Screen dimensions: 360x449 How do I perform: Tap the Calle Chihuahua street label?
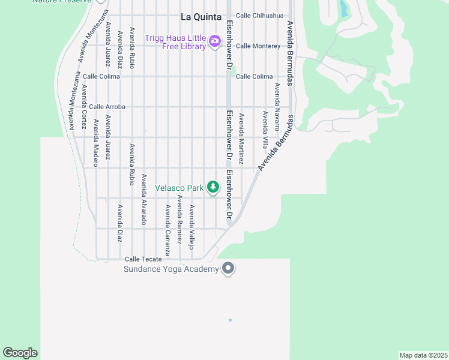coord(259,16)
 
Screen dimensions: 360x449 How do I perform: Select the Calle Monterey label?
coord(258,46)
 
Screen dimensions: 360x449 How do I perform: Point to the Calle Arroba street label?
coord(107,107)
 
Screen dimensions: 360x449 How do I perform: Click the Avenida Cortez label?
coord(84,107)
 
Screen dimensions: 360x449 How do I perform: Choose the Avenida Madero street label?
coord(95,143)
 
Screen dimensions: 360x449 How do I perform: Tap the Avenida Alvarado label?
coord(144,199)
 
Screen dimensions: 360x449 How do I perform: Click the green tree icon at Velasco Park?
coord(212,188)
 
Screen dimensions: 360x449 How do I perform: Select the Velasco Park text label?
coord(179,188)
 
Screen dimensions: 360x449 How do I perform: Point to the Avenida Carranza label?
coord(167,230)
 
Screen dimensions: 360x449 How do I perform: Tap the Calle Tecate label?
coord(143,259)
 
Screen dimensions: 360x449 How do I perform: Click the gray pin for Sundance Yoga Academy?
coord(228,268)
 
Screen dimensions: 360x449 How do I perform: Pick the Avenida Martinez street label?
coord(241,139)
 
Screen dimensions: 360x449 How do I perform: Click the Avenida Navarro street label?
coord(277,107)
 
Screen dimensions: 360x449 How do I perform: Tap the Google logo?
coord(20,353)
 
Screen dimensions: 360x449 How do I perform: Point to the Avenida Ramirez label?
coord(179,220)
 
